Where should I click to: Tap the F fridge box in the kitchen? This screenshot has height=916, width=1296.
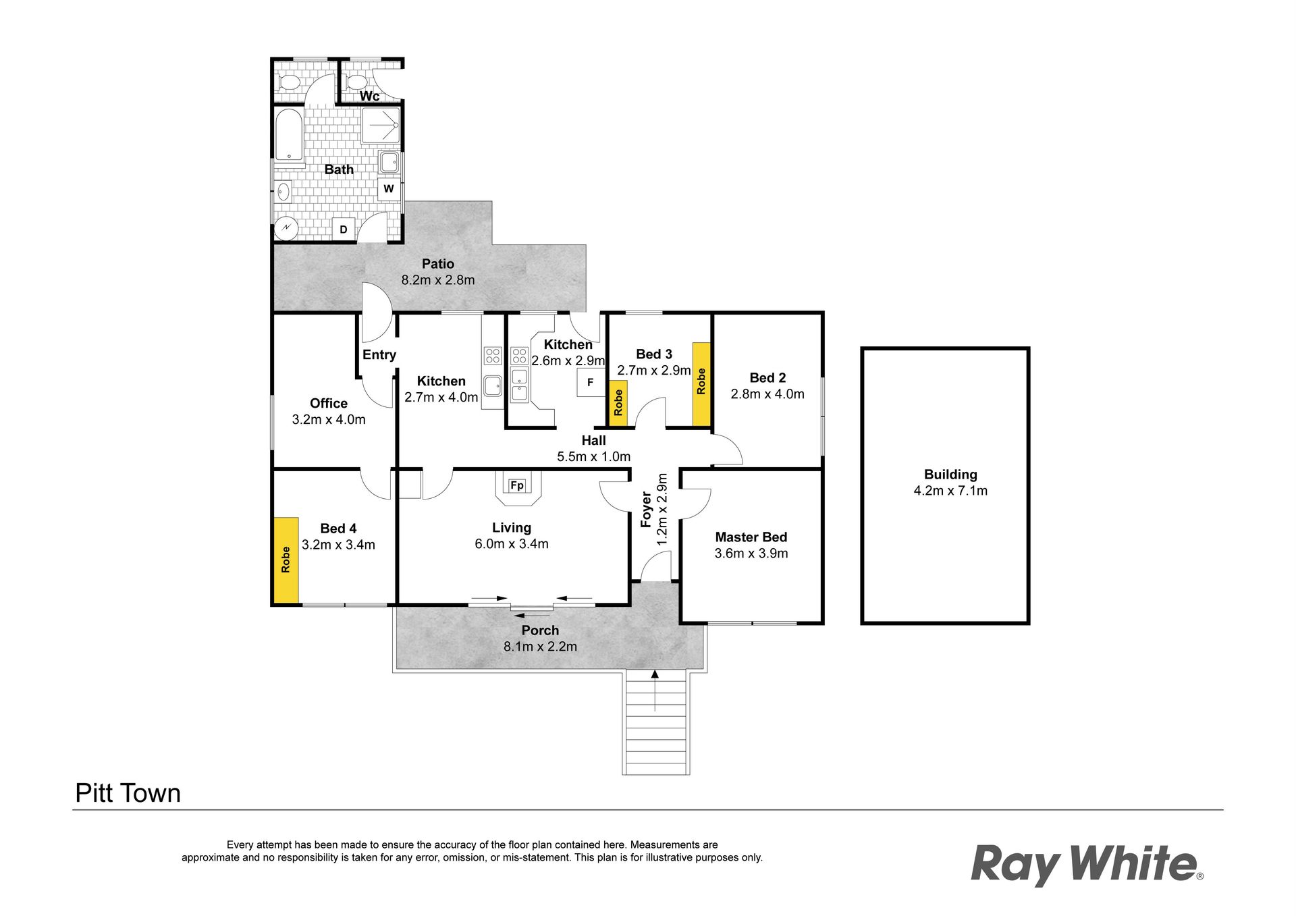(591, 383)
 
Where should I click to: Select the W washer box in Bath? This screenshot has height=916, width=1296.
(389, 189)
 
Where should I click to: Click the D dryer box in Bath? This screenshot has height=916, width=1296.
(344, 230)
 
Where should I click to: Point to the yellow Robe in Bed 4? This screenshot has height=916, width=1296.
(286, 560)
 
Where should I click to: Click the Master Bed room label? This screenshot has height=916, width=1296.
(751, 537)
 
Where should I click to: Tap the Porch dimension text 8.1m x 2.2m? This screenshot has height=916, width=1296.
(540, 647)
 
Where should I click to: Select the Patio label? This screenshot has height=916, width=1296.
(438, 264)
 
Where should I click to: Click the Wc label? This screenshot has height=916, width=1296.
(369, 97)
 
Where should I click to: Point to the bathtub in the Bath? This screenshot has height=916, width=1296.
(289, 135)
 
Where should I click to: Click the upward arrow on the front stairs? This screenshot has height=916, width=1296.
(655, 690)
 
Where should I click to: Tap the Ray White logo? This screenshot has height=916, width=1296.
(1087, 865)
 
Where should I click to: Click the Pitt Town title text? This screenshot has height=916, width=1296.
(128, 793)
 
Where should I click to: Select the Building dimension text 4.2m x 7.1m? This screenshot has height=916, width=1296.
(950, 491)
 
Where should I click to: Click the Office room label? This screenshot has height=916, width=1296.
(329, 404)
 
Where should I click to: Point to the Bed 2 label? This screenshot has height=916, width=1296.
(767, 378)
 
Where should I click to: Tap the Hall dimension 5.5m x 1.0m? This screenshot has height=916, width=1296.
(594, 457)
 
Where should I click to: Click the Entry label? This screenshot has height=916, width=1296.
(379, 355)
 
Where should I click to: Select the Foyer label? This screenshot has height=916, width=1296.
(647, 510)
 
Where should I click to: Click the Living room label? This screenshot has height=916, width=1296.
(512, 528)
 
